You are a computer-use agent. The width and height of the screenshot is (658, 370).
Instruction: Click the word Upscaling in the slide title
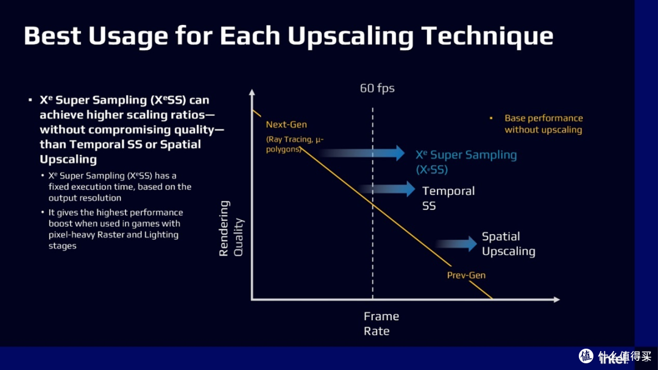pos(350,37)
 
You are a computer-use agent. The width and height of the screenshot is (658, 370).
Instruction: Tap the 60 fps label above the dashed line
pos(377,88)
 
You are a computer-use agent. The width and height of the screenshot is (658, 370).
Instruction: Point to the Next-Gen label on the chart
pos(286,124)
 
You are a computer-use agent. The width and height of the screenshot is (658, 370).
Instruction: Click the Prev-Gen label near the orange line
pos(466,275)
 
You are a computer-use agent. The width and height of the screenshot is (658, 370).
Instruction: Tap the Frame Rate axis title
pos(381,324)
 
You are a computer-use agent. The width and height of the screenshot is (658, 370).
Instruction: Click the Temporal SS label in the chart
pos(448,198)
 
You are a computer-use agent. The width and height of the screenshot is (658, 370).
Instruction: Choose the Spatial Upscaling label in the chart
pos(508,244)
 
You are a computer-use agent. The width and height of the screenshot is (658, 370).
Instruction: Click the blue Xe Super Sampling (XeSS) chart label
pos(465,162)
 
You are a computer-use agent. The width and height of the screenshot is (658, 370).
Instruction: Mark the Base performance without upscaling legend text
pos(543,124)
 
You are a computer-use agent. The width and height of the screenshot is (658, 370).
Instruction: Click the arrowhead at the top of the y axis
pos(252,93)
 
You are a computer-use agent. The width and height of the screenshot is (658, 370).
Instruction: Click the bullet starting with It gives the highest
pos(115,229)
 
